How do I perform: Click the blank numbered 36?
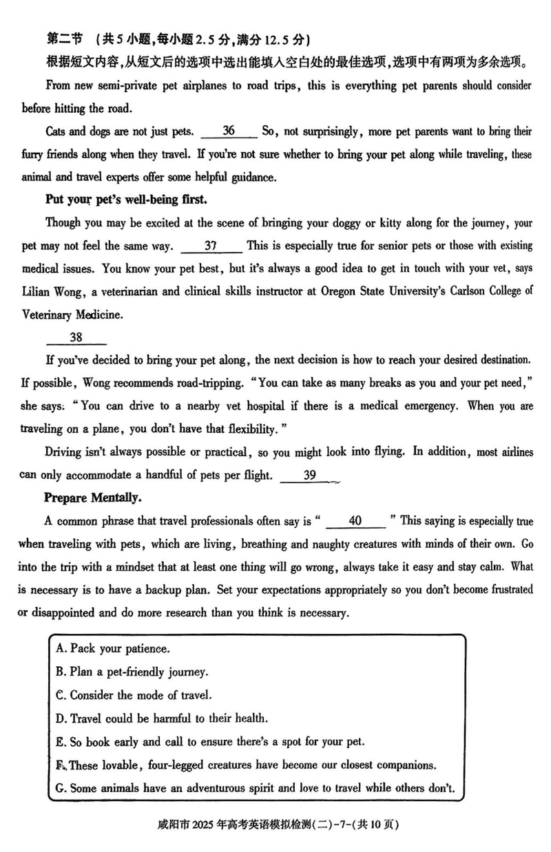(x=230, y=131)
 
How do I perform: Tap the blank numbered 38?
(x=76, y=337)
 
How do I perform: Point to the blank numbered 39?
(x=309, y=475)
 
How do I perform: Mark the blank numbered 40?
(x=355, y=521)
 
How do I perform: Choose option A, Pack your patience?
(x=113, y=648)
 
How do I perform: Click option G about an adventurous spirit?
(x=255, y=787)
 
